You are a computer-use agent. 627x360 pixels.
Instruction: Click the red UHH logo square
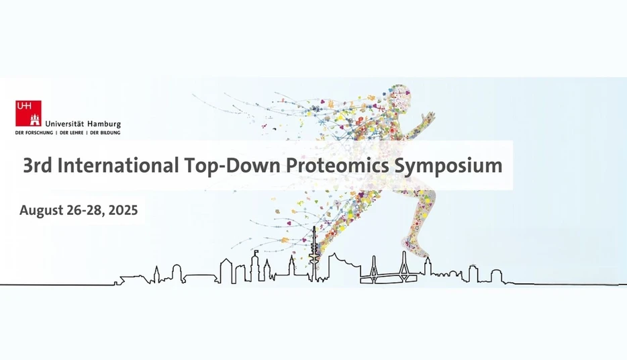(x=28, y=113)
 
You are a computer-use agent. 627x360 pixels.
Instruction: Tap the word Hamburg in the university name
(x=104, y=124)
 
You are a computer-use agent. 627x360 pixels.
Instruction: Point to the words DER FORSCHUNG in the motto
(x=33, y=133)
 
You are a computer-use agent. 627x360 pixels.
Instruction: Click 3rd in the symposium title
(x=38, y=165)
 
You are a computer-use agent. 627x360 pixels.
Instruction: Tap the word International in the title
(x=119, y=165)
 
